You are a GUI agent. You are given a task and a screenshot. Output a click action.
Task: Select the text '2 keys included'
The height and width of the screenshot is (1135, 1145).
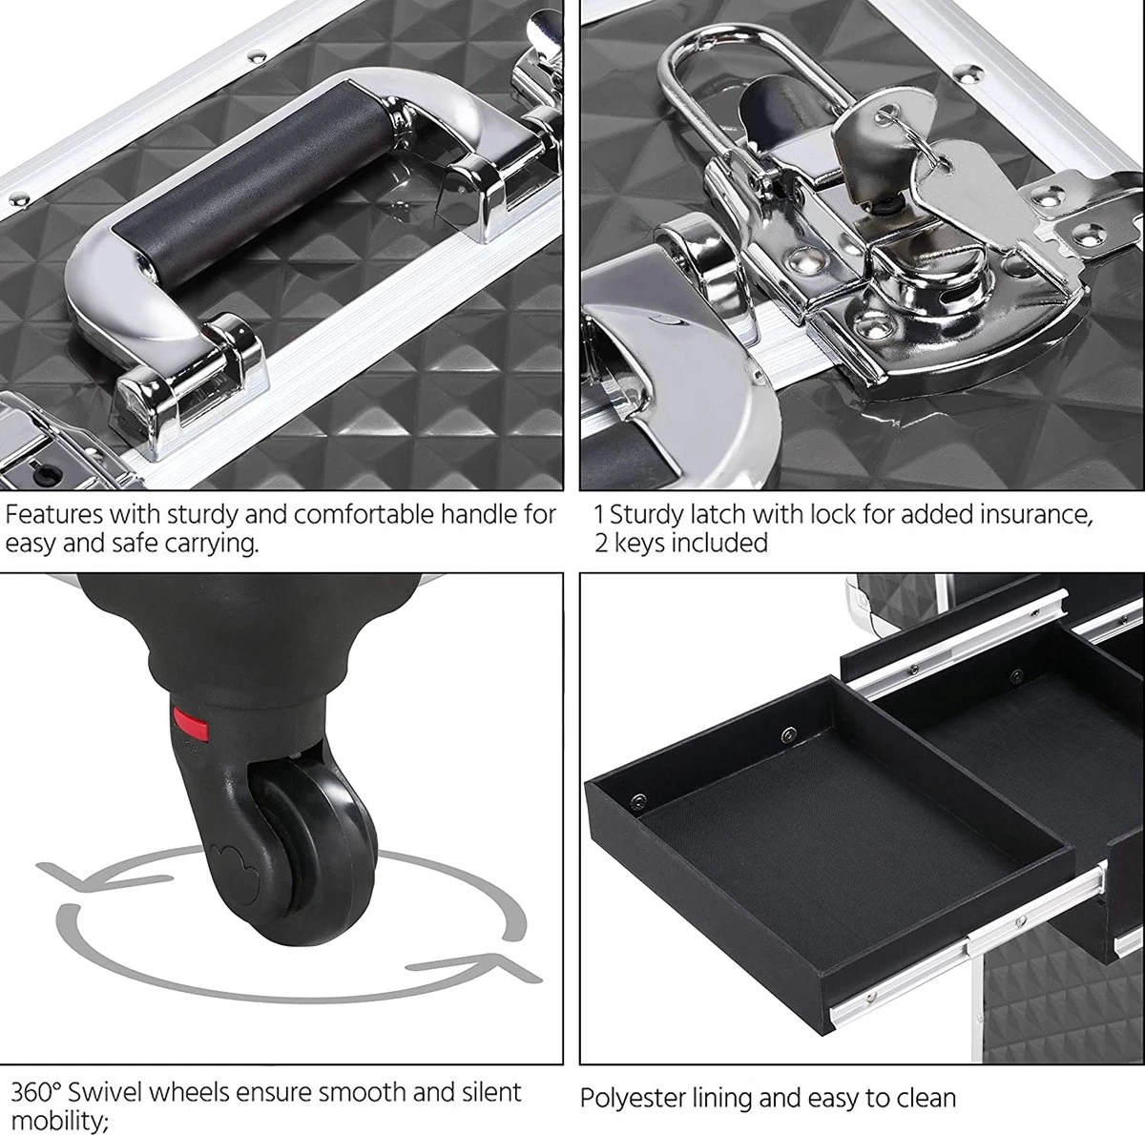point(680,544)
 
